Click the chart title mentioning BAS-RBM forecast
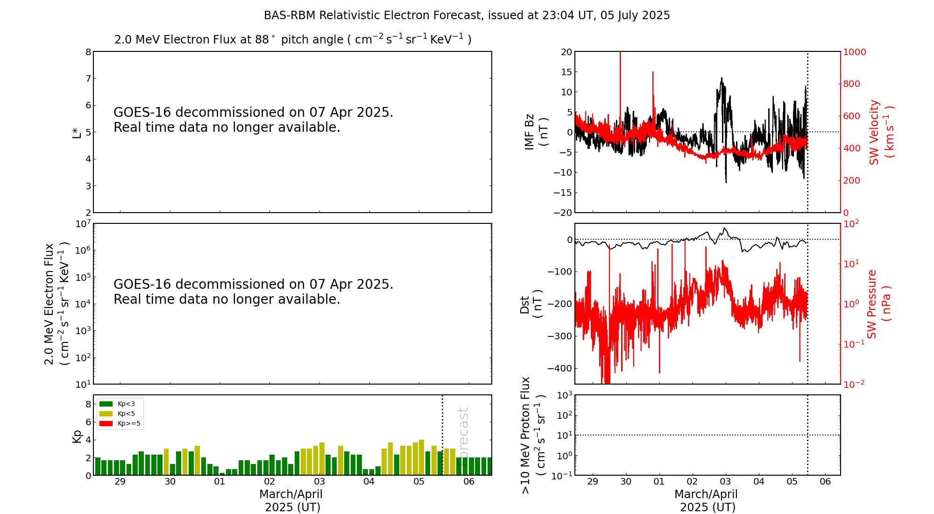click(x=467, y=15)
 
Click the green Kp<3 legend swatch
click(x=106, y=404)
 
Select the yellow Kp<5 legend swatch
click(x=106, y=414)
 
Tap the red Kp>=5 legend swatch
click(x=106, y=424)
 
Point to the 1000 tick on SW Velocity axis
click(x=854, y=52)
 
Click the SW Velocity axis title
click(x=881, y=132)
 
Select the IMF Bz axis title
click(x=535, y=132)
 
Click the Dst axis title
click(x=531, y=304)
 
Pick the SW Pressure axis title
click(x=878, y=304)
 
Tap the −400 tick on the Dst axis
click(x=560, y=368)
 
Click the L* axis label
click(x=77, y=132)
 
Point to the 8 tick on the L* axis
click(x=88, y=52)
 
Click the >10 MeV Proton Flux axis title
click(x=533, y=435)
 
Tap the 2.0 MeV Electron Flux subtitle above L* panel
click(x=293, y=39)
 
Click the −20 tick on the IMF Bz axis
click(x=562, y=213)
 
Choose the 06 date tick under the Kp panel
click(x=469, y=482)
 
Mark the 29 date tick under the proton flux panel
click(x=593, y=482)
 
